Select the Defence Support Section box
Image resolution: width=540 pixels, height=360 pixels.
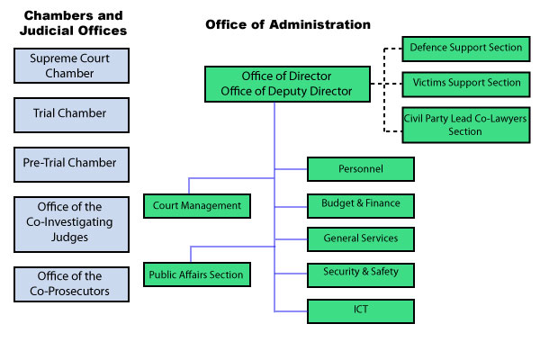[464, 47]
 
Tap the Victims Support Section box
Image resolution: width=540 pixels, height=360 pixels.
[464, 84]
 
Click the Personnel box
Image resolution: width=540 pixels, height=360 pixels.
[360, 169]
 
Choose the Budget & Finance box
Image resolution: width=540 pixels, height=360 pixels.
[360, 204]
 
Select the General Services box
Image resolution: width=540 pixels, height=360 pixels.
[360, 239]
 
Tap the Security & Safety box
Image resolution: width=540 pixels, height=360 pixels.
[360, 273]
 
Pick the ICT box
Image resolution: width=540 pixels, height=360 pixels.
[360, 310]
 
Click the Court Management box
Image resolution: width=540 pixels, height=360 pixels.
[196, 206]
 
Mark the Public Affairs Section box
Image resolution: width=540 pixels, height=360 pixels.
[196, 274]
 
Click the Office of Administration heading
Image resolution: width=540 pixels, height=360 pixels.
[287, 24]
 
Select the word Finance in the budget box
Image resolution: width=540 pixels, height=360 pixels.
[381, 204]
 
